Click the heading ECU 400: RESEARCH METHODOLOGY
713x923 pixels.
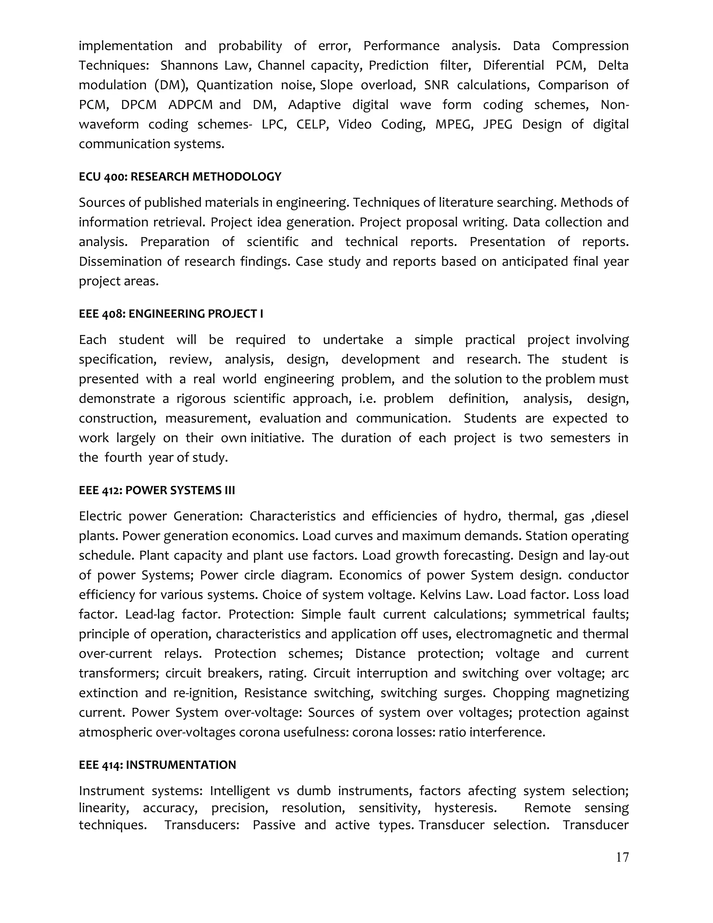(x=180, y=177)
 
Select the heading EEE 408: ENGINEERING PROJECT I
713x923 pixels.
(x=171, y=313)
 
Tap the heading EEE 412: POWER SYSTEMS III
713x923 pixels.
(x=157, y=490)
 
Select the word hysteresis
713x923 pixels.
(x=465, y=808)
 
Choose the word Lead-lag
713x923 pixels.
(x=149, y=614)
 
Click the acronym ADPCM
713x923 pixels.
(x=190, y=105)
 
